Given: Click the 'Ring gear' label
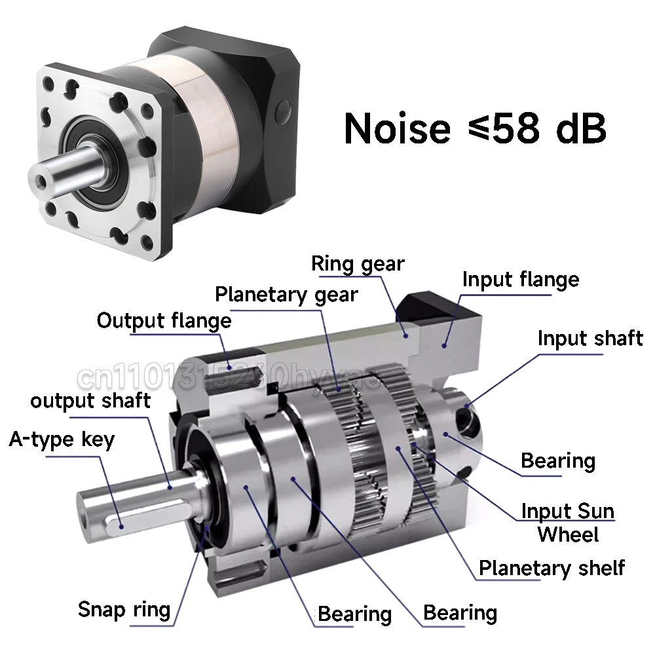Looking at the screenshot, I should (x=358, y=264).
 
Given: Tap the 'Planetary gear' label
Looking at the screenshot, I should (x=286, y=294).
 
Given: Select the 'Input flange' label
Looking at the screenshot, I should (x=521, y=280).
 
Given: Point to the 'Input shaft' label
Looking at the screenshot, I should (x=590, y=339).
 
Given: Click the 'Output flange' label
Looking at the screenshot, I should (x=164, y=321).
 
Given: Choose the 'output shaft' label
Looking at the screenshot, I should (x=90, y=400).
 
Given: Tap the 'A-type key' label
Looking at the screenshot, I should (x=62, y=439).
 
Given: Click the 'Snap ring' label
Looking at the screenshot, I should (x=124, y=609).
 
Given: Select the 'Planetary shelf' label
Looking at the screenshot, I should (x=552, y=568).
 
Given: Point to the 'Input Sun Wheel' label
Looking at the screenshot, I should (x=568, y=522).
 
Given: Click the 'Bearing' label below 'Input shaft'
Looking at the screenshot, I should (x=558, y=460).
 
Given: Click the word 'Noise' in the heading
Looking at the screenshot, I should (x=398, y=128).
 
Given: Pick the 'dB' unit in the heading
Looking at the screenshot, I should (x=579, y=128).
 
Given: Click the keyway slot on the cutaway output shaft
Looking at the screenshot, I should (x=121, y=522).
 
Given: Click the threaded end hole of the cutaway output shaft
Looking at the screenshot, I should (x=86, y=524).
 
